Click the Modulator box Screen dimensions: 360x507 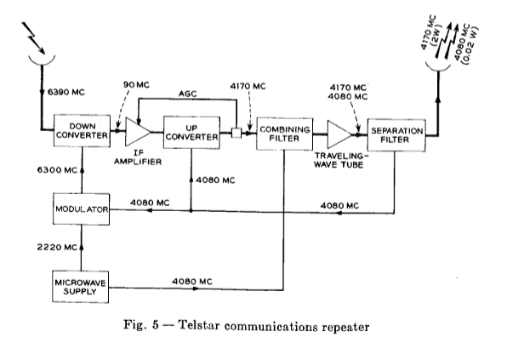(80, 209)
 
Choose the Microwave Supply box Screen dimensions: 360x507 (80, 286)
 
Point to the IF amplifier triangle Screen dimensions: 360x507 (137, 132)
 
